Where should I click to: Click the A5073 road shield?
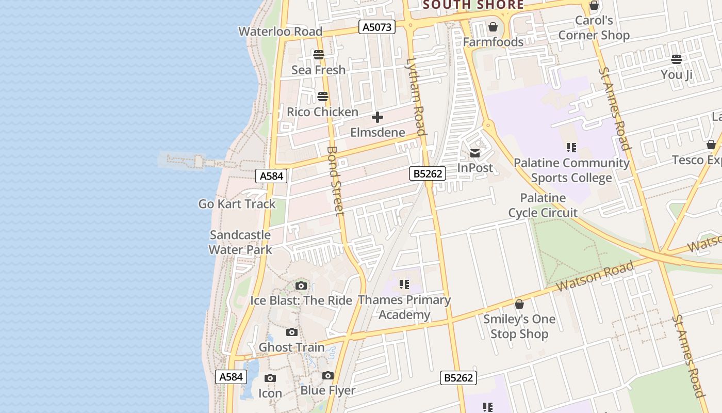point(377,27)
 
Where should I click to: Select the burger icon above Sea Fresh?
point(319,55)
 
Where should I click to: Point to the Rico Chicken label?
point(322,112)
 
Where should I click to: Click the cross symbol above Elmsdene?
point(378,118)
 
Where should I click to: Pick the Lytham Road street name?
point(416,97)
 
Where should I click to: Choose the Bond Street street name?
point(335,181)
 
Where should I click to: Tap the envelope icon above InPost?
point(475,153)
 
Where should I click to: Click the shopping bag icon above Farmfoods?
point(493,27)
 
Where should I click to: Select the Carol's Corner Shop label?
point(594,28)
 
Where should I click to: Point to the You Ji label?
point(677,75)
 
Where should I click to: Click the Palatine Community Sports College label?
point(571,170)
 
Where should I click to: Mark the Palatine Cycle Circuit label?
point(543,205)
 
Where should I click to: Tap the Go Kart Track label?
point(237,204)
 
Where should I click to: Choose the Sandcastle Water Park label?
point(240,242)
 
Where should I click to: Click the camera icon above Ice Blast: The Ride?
point(301,285)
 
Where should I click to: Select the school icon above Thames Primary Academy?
point(404,284)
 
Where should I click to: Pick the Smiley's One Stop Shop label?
point(519,326)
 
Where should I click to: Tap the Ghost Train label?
point(291,347)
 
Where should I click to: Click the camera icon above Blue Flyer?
point(328,376)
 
